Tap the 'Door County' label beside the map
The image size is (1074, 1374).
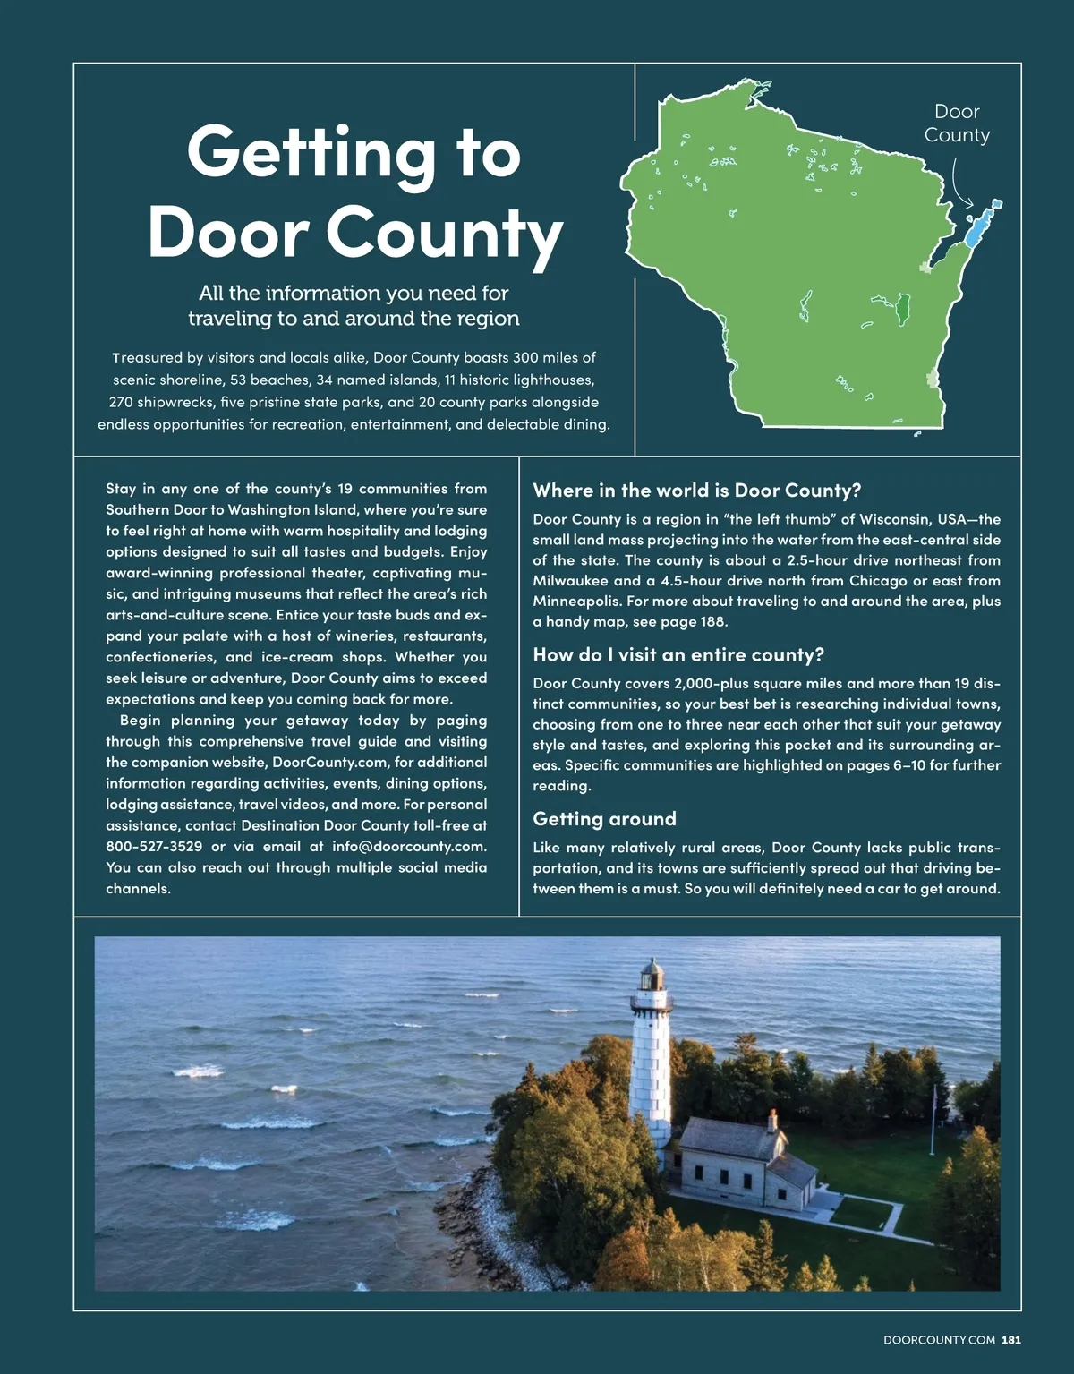coord(957,124)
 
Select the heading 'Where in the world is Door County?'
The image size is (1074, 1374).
coord(696,491)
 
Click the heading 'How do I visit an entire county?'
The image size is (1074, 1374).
coord(678,654)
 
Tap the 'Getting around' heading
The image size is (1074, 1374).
coord(604,819)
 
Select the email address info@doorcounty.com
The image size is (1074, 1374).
coord(409,846)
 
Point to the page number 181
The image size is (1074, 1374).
coord(1011,1340)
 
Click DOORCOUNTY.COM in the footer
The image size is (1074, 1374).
coord(939,1340)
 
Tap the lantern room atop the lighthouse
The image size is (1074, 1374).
coord(652,977)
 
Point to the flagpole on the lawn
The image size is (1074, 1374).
coord(934,1119)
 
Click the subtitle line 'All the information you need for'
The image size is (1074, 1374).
coord(354,293)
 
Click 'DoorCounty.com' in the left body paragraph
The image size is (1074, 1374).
coord(330,763)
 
